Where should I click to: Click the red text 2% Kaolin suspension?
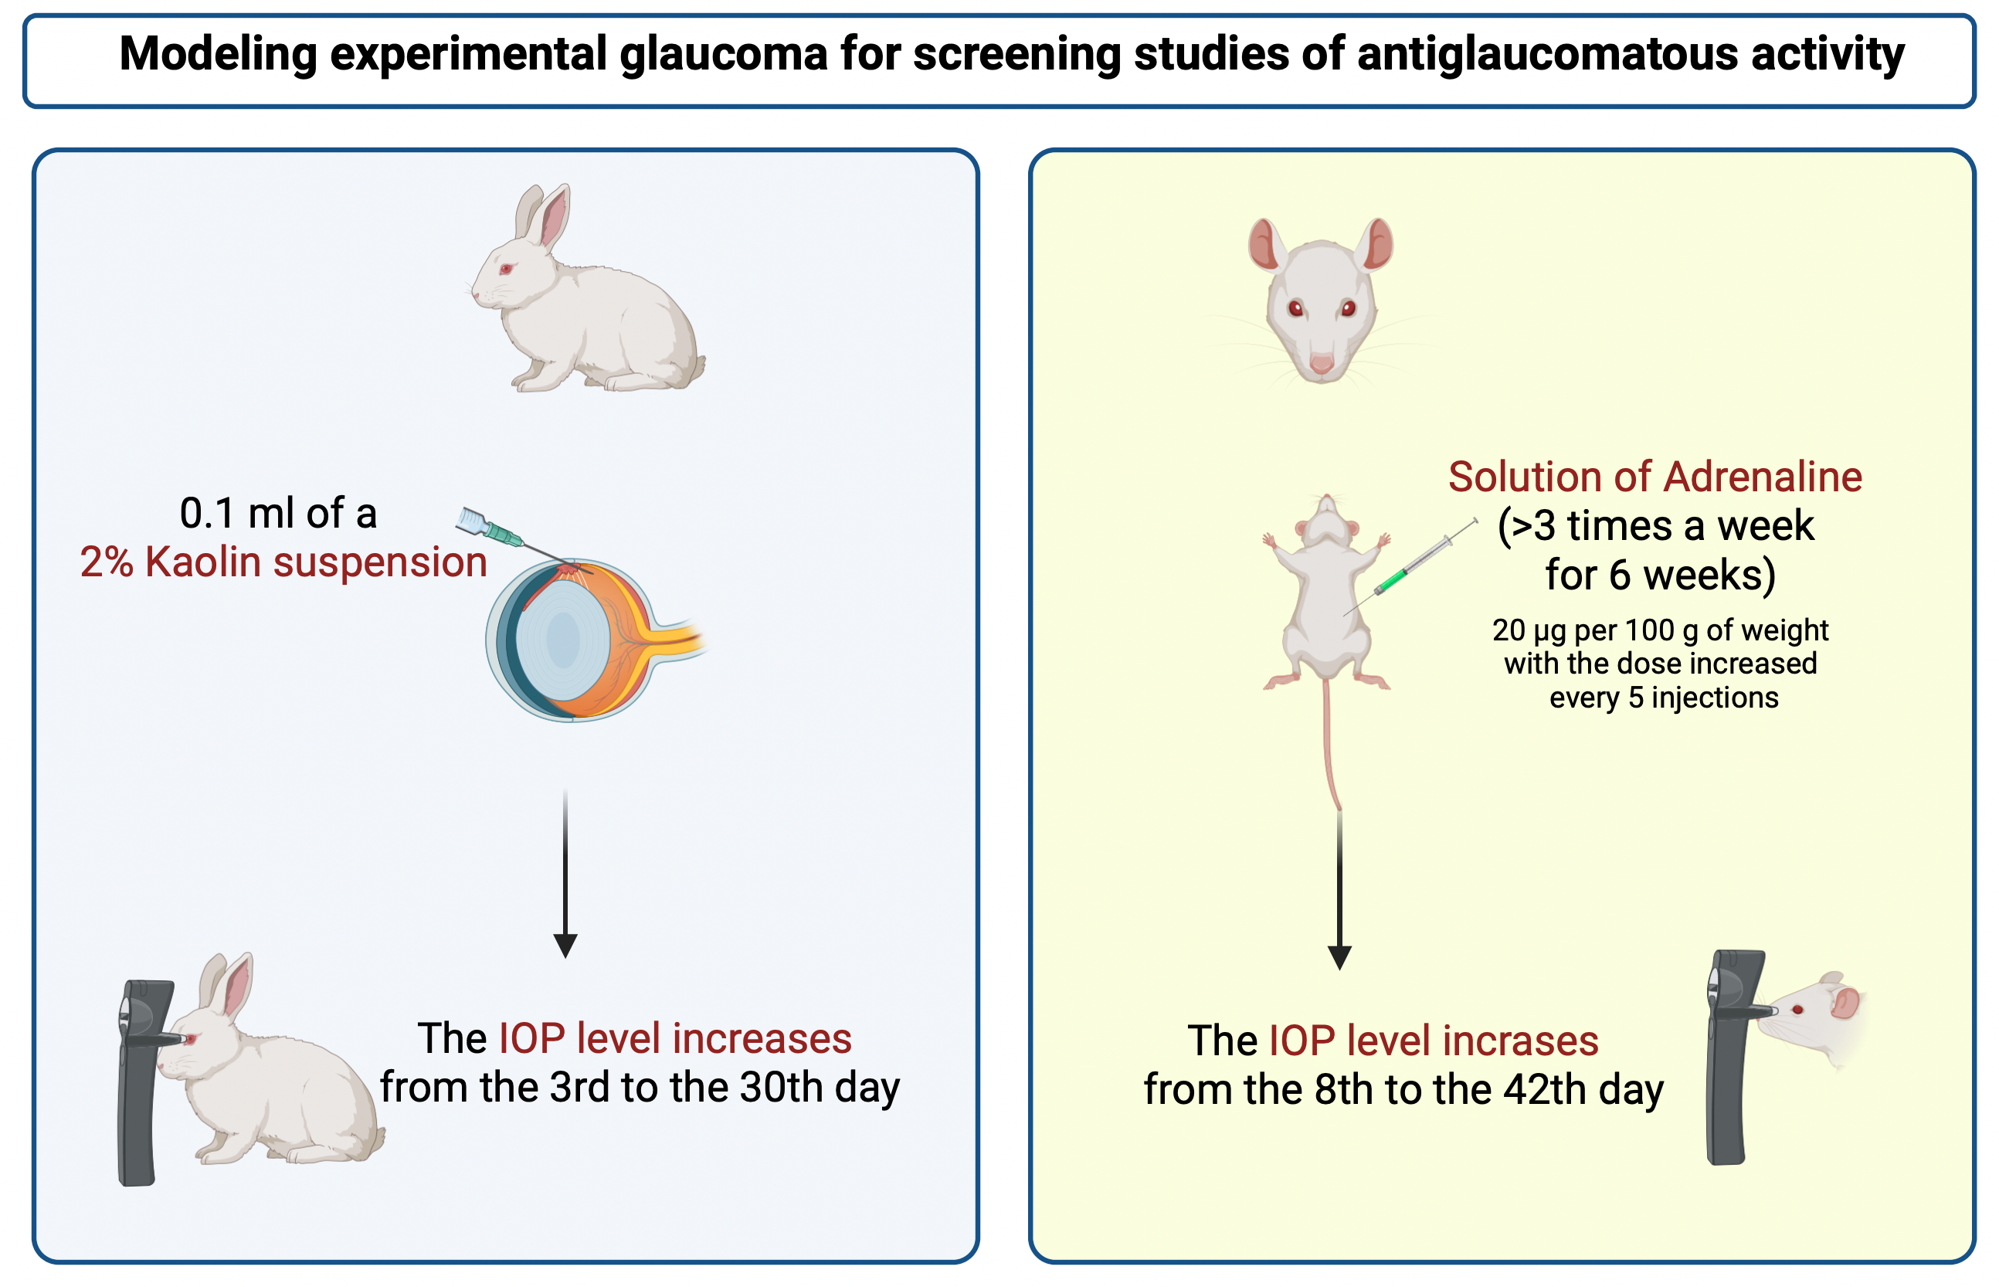coord(284,562)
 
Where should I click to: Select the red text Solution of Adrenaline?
coord(1655,477)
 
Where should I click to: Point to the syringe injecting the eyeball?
coord(522,541)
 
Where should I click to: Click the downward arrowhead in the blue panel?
coord(565,946)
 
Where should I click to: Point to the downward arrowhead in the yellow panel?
coord(1340,958)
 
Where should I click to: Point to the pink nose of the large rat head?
coord(1322,363)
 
